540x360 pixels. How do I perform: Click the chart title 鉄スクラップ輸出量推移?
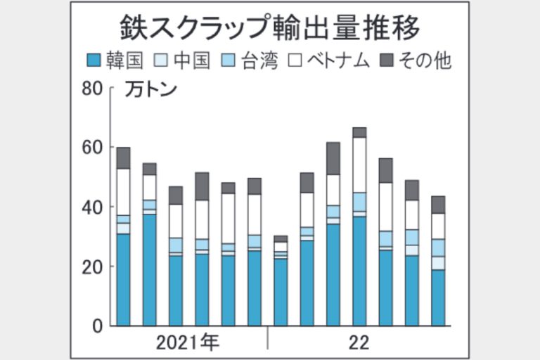[x=269, y=29]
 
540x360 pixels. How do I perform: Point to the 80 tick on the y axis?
[x=93, y=89]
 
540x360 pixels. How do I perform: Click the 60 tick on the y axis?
[x=93, y=148]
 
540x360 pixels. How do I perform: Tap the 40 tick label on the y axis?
[x=93, y=207]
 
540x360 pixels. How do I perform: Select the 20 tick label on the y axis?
[x=93, y=267]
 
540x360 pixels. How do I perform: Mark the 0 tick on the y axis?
[x=97, y=326]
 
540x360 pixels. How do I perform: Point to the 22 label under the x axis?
[x=359, y=344]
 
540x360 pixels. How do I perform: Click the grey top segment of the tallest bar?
[x=359, y=132]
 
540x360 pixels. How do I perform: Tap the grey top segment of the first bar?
[x=124, y=158]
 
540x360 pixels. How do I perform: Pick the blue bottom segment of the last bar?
[x=438, y=297]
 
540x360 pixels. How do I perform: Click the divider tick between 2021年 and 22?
[x=268, y=342]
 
